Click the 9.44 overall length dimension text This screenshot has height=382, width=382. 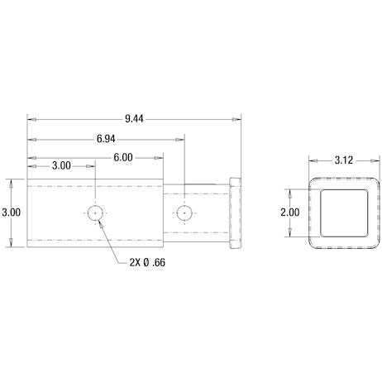(x=134, y=118)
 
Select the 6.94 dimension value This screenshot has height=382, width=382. (x=105, y=139)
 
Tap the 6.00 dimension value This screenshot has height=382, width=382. (x=123, y=156)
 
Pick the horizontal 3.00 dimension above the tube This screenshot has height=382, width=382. (x=60, y=165)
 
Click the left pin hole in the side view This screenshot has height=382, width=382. (x=97, y=212)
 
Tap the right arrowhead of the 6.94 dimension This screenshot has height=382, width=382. (x=179, y=139)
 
